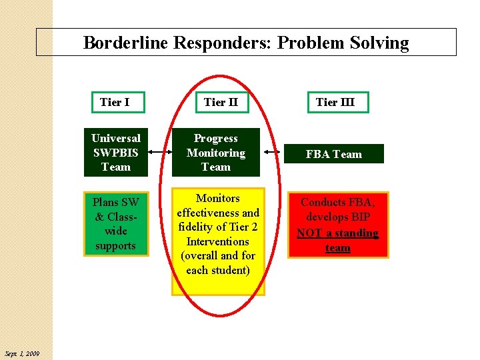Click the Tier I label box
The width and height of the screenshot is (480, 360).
coord(115,102)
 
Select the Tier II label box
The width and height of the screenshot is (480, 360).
coord(221,102)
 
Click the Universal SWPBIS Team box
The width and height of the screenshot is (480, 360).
coord(115,153)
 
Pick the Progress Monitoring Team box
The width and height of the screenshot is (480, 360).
coord(215,153)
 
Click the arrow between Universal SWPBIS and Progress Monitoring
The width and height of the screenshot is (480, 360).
coord(159,152)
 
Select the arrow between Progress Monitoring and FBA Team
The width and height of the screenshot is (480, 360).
coord(273,153)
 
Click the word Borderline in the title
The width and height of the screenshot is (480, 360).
coord(125,43)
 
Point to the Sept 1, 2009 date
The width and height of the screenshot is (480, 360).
coord(21,353)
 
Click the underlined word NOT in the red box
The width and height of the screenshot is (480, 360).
coord(309,233)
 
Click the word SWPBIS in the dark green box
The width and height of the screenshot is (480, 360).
coord(115,153)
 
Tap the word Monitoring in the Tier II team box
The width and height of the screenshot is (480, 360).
coord(215,153)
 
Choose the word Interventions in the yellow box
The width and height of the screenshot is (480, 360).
coord(218,241)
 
